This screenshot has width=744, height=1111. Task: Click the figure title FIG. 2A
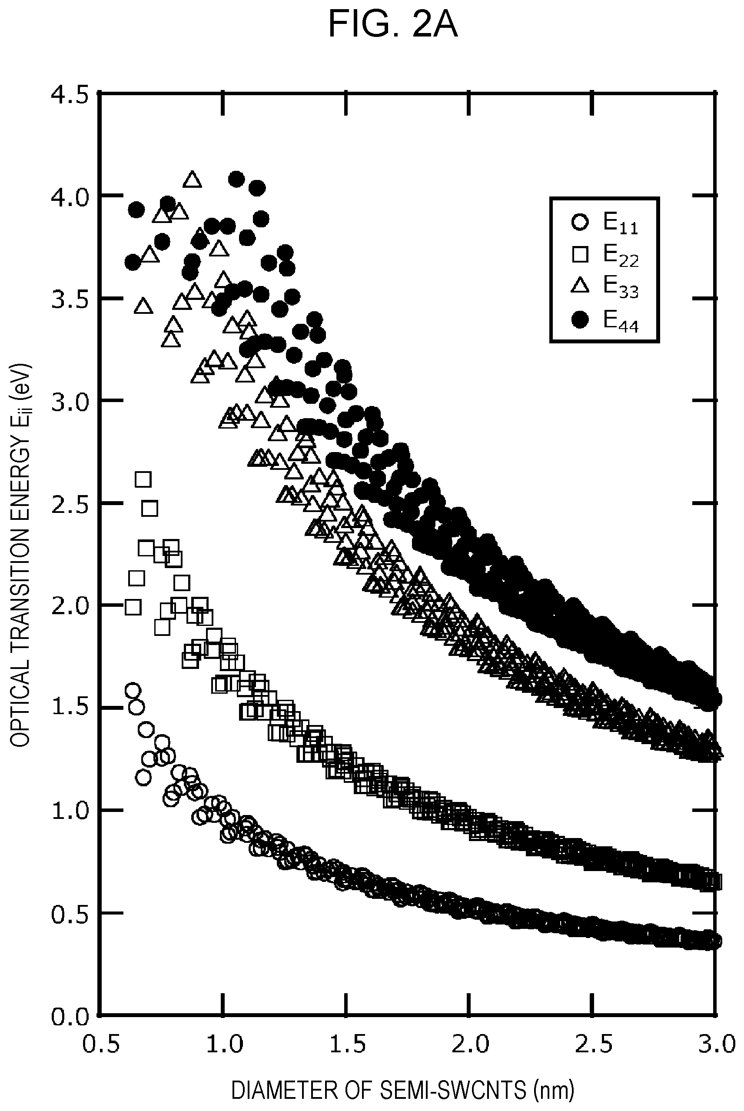click(393, 25)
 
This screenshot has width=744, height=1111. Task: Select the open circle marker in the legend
click(580, 223)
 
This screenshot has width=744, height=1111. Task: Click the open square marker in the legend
click(580, 254)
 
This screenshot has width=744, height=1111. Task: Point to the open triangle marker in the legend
click(580, 286)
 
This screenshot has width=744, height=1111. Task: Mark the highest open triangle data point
click(192, 180)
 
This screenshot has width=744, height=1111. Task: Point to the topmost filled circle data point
click(236, 180)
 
